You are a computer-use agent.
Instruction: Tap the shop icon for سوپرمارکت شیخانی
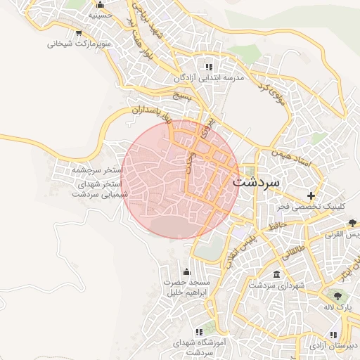(x=78, y=32)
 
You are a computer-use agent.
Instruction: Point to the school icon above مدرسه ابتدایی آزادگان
(x=207, y=67)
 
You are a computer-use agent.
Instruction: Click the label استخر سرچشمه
(x=98, y=171)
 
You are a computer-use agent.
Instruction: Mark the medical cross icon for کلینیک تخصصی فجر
(x=311, y=195)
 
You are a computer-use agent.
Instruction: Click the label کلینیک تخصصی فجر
(x=311, y=207)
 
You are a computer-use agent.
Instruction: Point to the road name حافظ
(x=277, y=226)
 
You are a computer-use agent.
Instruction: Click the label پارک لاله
(x=337, y=308)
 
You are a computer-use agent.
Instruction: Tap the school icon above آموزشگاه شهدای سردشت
(x=199, y=330)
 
